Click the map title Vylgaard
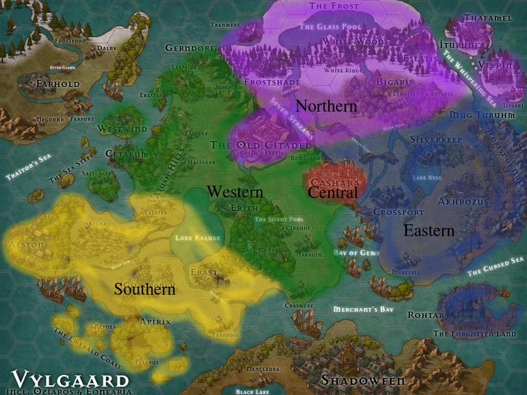pyautogui.click(x=71, y=380)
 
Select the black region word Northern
pyautogui.click(x=326, y=106)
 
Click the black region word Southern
pyautogui.click(x=145, y=290)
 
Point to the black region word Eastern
pyautogui.click(x=428, y=230)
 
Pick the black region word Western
pyautogui.click(x=235, y=192)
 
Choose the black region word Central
pyautogui.click(x=333, y=192)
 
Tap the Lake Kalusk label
pyautogui.click(x=198, y=239)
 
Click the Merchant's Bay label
pyautogui.click(x=363, y=310)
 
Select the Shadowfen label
pyautogui.click(x=363, y=380)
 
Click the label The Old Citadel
pyautogui.click(x=260, y=145)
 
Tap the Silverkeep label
pyautogui.click(x=435, y=139)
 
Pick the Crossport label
pyautogui.click(x=398, y=212)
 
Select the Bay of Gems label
pyautogui.click(x=357, y=253)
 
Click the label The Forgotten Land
pyautogui.click(x=474, y=334)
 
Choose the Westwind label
pyautogui.click(x=122, y=129)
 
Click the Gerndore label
pyautogui.click(x=190, y=49)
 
